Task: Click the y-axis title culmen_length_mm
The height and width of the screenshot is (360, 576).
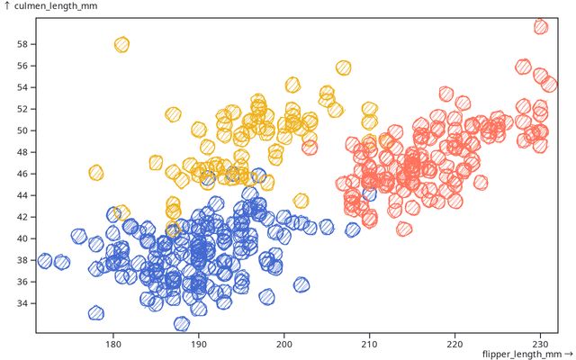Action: coord(51,6)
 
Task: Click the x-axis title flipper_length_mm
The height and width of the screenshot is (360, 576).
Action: coord(526,354)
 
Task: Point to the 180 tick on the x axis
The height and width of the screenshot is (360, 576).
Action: coord(113,344)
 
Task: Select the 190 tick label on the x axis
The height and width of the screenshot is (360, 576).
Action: coord(199,344)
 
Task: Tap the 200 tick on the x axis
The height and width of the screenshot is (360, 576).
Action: coord(284,344)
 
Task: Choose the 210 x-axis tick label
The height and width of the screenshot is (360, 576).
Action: coord(369,344)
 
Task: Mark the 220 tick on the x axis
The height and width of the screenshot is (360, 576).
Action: coord(454,344)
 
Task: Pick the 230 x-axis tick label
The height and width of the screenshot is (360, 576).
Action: coord(540,344)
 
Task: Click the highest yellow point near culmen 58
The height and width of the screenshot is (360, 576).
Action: coord(121,44)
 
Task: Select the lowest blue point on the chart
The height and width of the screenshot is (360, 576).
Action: coord(182,323)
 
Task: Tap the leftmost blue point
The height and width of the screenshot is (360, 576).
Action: coord(45,261)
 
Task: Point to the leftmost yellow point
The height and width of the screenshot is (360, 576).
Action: coord(96,172)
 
